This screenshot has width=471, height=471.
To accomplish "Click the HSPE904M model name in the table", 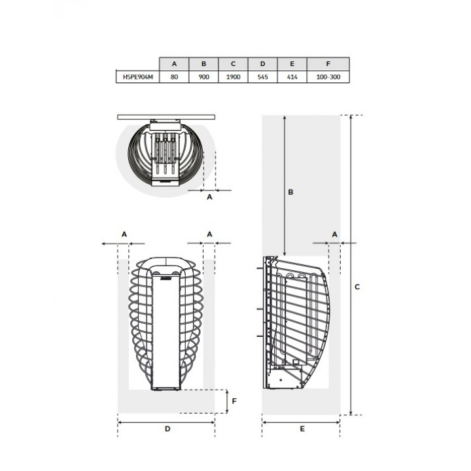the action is (138, 77).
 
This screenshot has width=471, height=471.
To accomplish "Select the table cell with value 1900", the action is (233, 77).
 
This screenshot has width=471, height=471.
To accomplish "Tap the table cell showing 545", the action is (262, 77).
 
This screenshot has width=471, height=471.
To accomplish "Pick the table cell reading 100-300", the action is (328, 77).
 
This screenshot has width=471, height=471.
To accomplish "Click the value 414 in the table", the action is (292, 77).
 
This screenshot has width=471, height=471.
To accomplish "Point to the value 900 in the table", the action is (203, 77).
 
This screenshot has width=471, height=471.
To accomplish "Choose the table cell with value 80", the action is (174, 77).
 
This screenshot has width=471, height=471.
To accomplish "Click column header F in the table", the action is (328, 64).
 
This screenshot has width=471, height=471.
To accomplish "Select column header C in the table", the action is (233, 64).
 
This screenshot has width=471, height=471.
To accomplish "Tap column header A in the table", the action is (174, 64).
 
